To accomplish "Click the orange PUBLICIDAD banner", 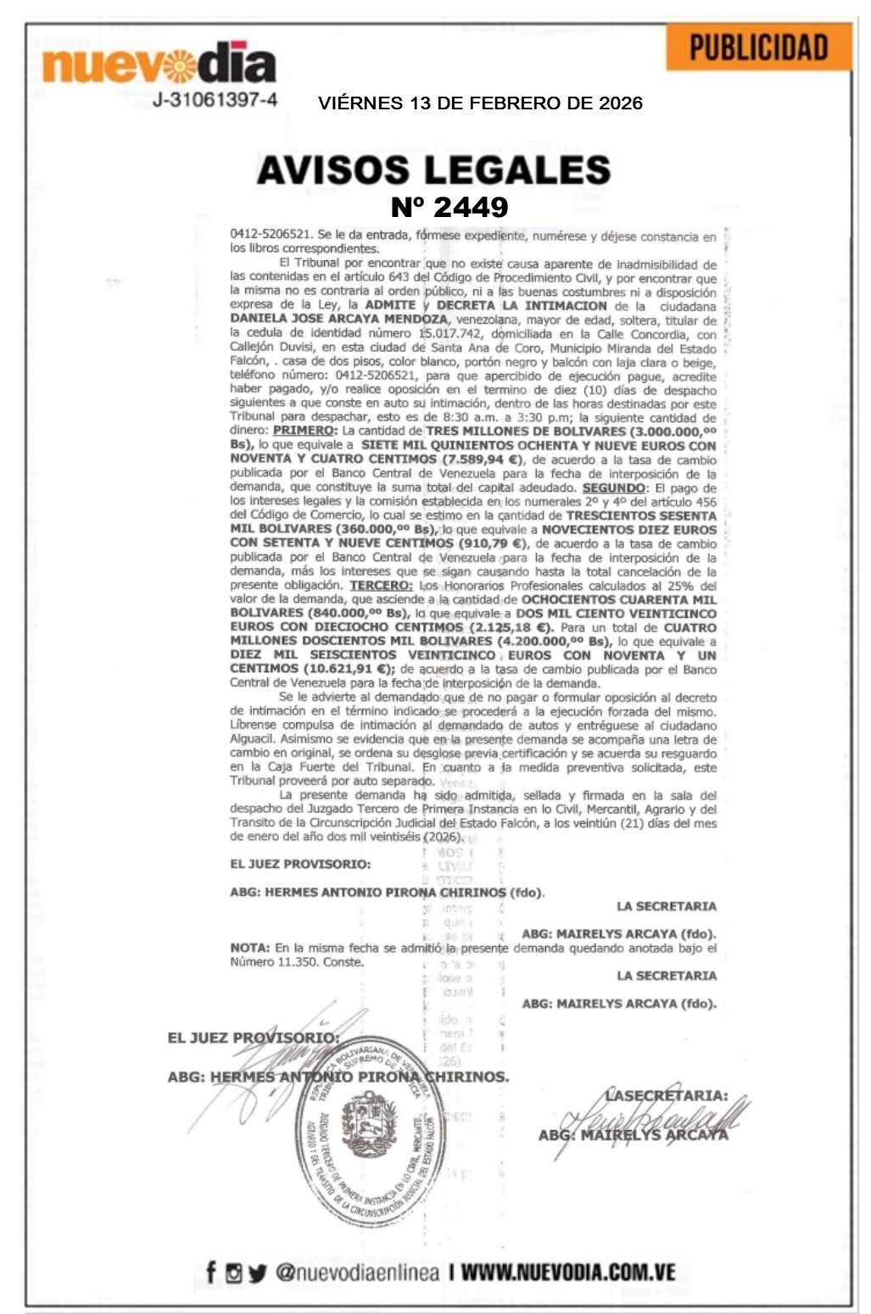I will [x=758, y=47].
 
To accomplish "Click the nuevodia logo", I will [x=159, y=64].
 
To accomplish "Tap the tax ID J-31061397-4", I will [x=215, y=100].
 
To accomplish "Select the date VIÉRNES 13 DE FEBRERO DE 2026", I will [x=480, y=103].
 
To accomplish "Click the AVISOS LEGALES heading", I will [x=433, y=170].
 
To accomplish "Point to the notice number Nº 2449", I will [x=449, y=206].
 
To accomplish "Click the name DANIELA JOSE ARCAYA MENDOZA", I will [x=338, y=320].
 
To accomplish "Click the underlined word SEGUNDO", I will [x=613, y=488].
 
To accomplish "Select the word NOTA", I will [x=249, y=948].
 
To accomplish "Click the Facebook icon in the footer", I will [x=211, y=1272].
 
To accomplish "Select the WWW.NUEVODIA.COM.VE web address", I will [x=568, y=1272].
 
